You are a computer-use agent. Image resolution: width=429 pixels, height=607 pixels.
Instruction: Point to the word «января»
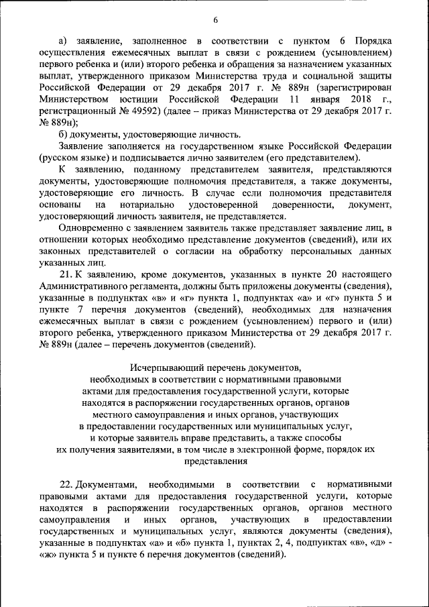(x=317, y=99)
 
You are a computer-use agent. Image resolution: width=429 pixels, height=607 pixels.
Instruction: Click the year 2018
(x=361, y=99)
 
